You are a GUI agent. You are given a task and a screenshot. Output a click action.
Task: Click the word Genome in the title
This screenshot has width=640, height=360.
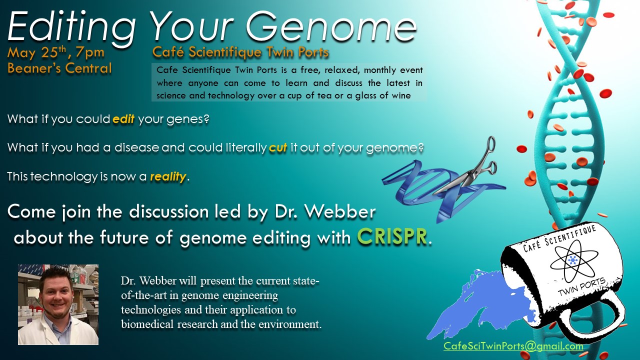(331, 26)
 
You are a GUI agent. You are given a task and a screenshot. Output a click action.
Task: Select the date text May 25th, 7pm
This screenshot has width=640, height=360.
(56, 52)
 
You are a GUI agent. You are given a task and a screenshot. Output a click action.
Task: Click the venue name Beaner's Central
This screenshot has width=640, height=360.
(59, 68)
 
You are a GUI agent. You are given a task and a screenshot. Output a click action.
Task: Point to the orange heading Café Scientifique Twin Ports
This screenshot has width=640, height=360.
(240, 52)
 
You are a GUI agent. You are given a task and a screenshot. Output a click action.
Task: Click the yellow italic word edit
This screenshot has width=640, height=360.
(123, 119)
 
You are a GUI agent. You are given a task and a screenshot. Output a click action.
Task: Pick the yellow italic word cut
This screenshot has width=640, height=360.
(278, 147)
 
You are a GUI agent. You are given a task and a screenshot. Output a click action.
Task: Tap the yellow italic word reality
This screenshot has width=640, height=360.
(168, 176)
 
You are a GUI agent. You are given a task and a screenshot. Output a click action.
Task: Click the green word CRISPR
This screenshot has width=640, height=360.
(392, 236)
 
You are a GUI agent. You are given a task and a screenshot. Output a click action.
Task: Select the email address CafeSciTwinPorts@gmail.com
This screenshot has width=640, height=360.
(513, 346)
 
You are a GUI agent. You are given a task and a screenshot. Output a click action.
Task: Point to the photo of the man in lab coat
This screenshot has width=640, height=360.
(58, 304)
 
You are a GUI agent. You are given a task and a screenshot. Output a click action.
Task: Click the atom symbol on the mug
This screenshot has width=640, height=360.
(573, 260)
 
